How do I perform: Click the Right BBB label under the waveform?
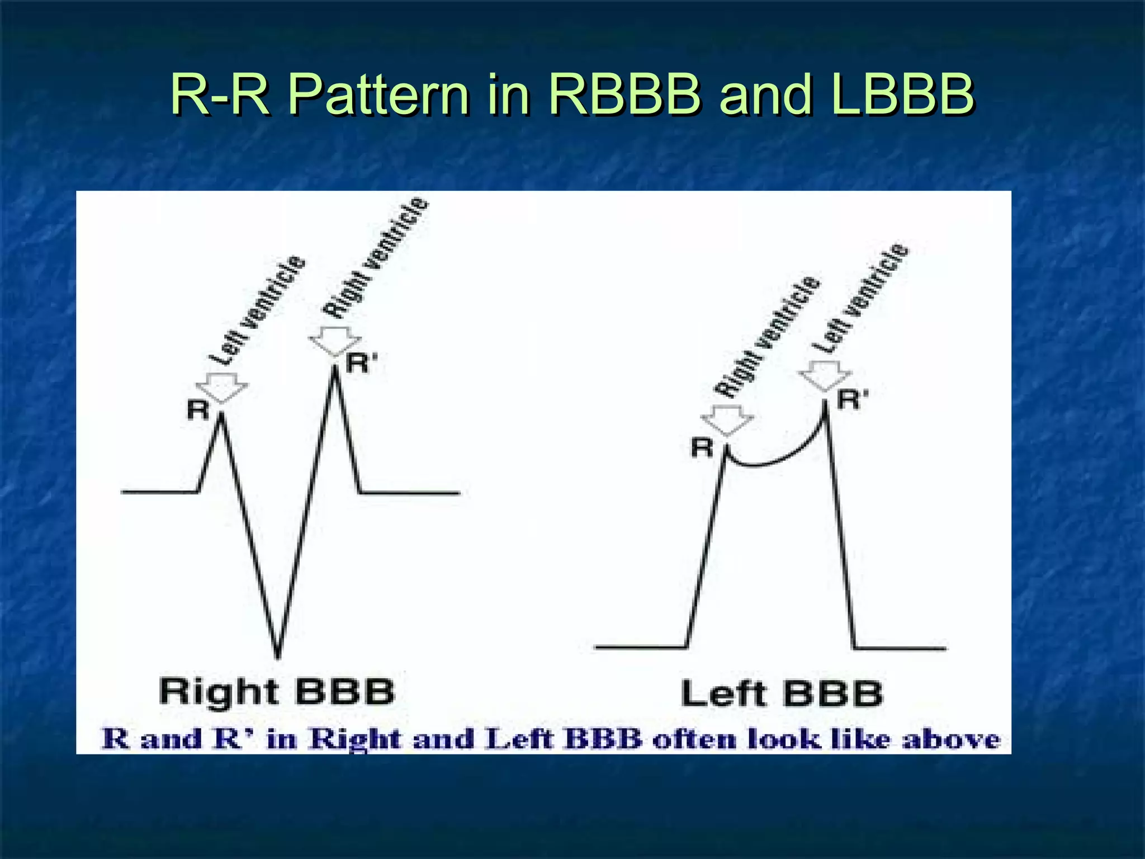(x=277, y=692)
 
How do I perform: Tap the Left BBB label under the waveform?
(x=782, y=693)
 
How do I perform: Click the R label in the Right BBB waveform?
(x=198, y=410)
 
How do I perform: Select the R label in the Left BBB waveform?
(x=703, y=447)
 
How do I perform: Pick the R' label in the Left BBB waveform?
(x=853, y=400)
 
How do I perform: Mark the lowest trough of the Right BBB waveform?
(x=277, y=655)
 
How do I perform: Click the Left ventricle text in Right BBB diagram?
(x=258, y=310)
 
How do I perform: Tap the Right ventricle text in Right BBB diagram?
(x=376, y=258)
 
